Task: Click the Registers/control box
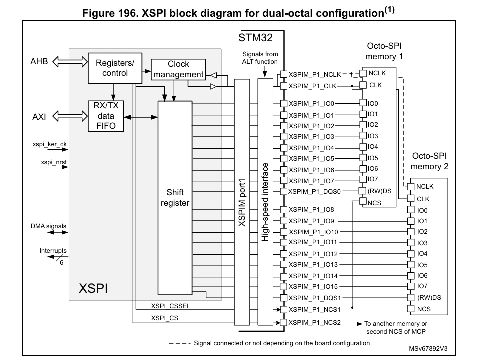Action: [x=115, y=68]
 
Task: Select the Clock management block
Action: [x=179, y=69]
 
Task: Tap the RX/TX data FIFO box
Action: [x=106, y=116]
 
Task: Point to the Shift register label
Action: [x=175, y=198]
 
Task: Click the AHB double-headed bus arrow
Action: [x=70, y=61]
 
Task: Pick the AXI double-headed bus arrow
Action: [x=70, y=116]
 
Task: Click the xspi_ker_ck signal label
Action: [x=50, y=144]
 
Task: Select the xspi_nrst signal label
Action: [x=54, y=162]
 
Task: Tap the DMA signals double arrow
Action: [x=58, y=232]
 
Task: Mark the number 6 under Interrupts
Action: [x=61, y=263]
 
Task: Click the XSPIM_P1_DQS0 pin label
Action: [x=314, y=192]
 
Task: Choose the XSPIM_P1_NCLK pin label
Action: [x=315, y=75]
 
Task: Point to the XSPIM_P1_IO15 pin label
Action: [x=313, y=287]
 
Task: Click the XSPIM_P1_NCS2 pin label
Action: [x=314, y=322]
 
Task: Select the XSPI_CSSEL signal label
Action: [x=171, y=306]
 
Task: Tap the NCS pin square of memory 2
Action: [x=411, y=308]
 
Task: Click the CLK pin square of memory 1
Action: [x=363, y=85]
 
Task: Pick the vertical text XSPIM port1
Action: [x=242, y=203]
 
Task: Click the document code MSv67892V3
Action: [x=428, y=349]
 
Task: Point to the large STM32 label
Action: [x=255, y=38]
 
